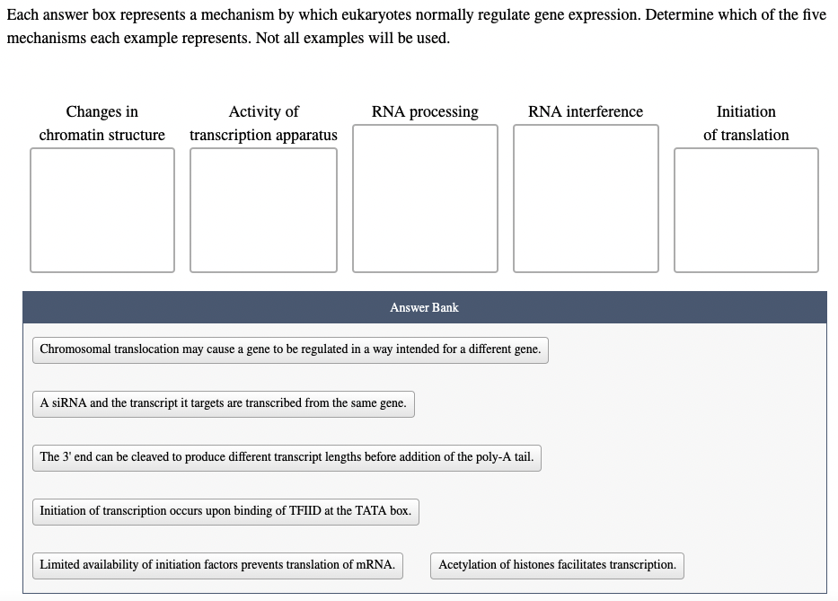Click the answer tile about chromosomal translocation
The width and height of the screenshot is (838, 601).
(x=290, y=349)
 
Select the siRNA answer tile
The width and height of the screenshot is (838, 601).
(x=223, y=403)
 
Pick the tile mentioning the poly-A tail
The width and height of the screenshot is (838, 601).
(x=287, y=457)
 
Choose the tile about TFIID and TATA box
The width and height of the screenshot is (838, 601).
(x=225, y=511)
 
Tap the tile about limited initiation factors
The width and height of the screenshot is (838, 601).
(x=217, y=565)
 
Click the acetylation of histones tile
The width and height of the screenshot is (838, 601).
(x=557, y=565)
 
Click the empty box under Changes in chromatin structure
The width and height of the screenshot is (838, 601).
(x=101, y=209)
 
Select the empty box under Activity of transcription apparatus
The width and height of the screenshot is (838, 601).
(x=263, y=209)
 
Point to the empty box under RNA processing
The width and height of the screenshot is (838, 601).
(x=425, y=198)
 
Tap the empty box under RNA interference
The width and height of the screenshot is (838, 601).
(x=586, y=198)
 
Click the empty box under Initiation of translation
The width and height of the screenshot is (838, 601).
(x=745, y=209)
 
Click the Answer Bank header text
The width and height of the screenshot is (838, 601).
(x=424, y=307)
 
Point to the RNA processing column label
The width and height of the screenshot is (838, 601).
(x=425, y=111)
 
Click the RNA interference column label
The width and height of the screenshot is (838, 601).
(x=586, y=111)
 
